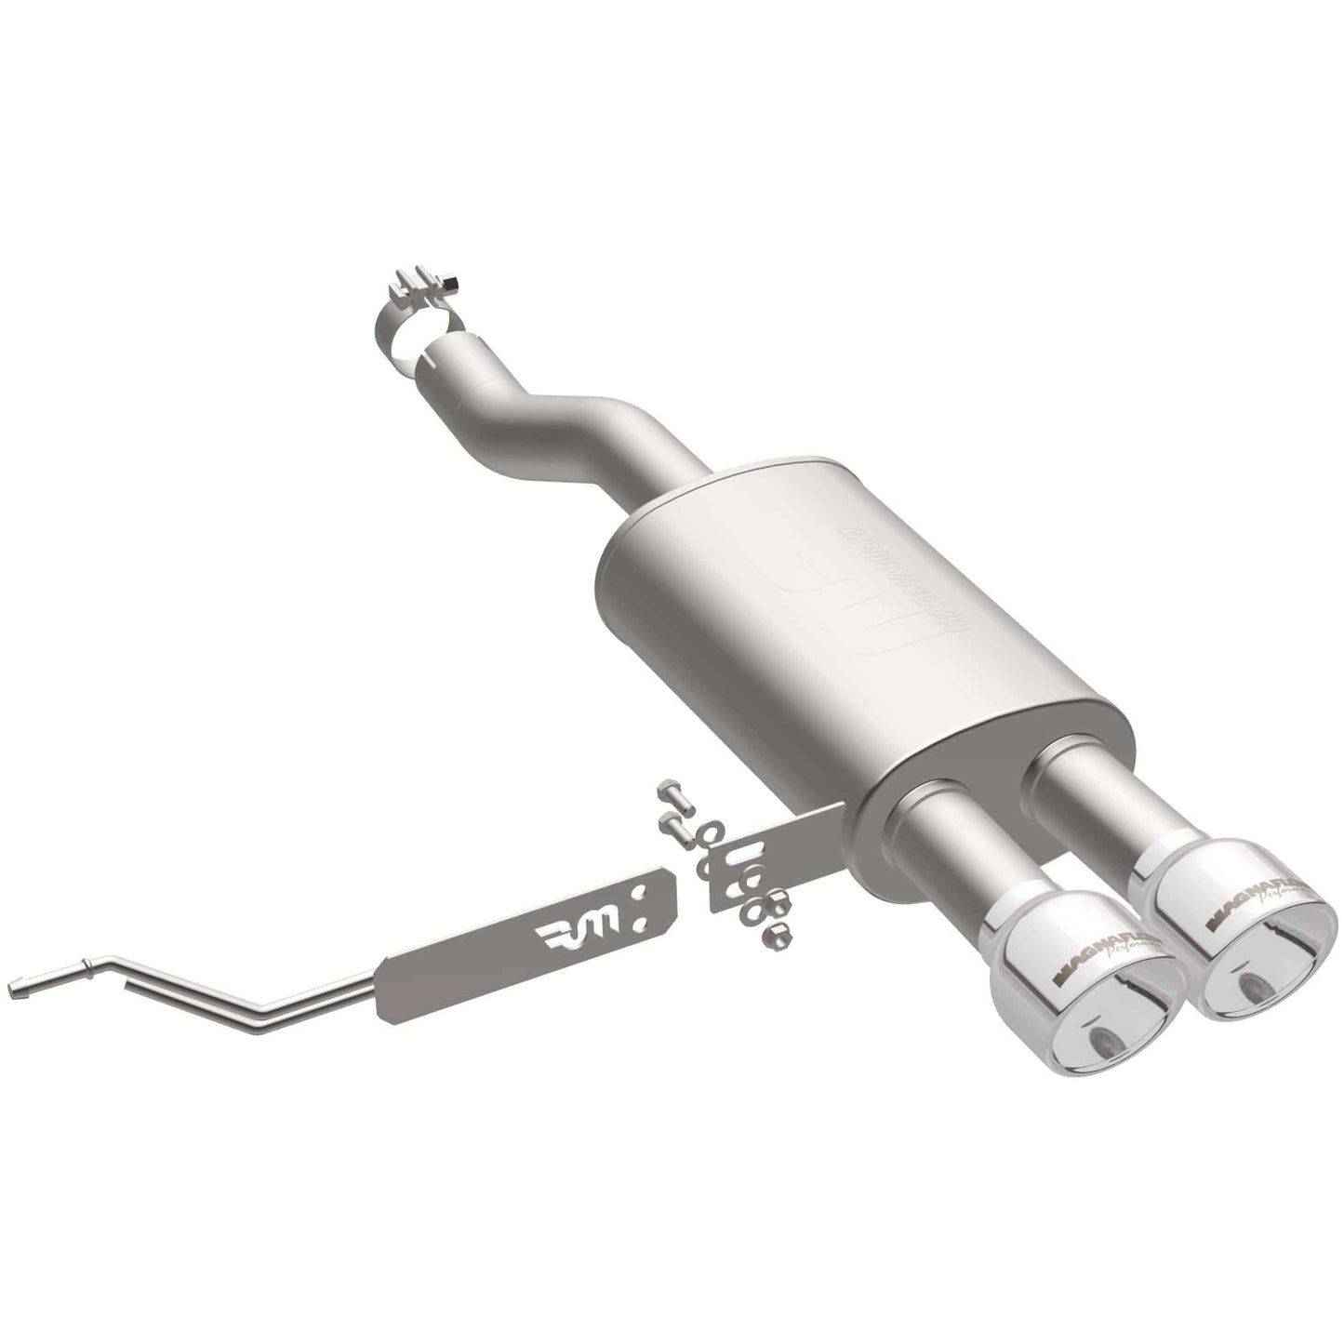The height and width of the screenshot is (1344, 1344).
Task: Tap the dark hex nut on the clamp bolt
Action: click(x=451, y=281)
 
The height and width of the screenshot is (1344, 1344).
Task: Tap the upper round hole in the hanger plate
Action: click(x=637, y=896)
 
